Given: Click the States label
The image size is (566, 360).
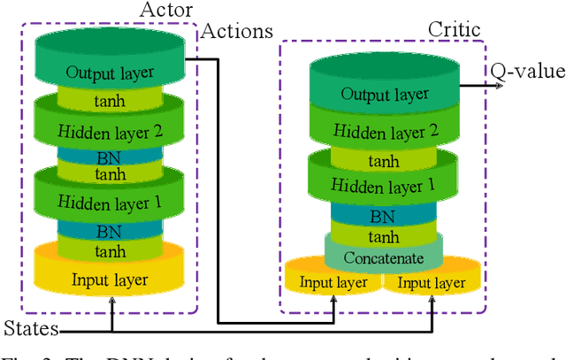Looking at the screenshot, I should [x=29, y=330].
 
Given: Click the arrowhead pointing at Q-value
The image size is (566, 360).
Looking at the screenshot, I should [x=487, y=85].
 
